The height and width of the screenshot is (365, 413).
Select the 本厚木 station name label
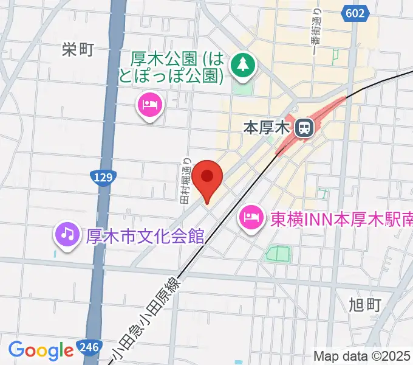point(267,128)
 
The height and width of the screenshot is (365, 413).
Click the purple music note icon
point(67,234)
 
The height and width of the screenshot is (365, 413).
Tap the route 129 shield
point(102,177)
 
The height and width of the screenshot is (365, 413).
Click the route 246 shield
point(89,349)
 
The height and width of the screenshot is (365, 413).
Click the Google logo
point(41,350)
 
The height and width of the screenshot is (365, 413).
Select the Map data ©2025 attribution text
point(362,356)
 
